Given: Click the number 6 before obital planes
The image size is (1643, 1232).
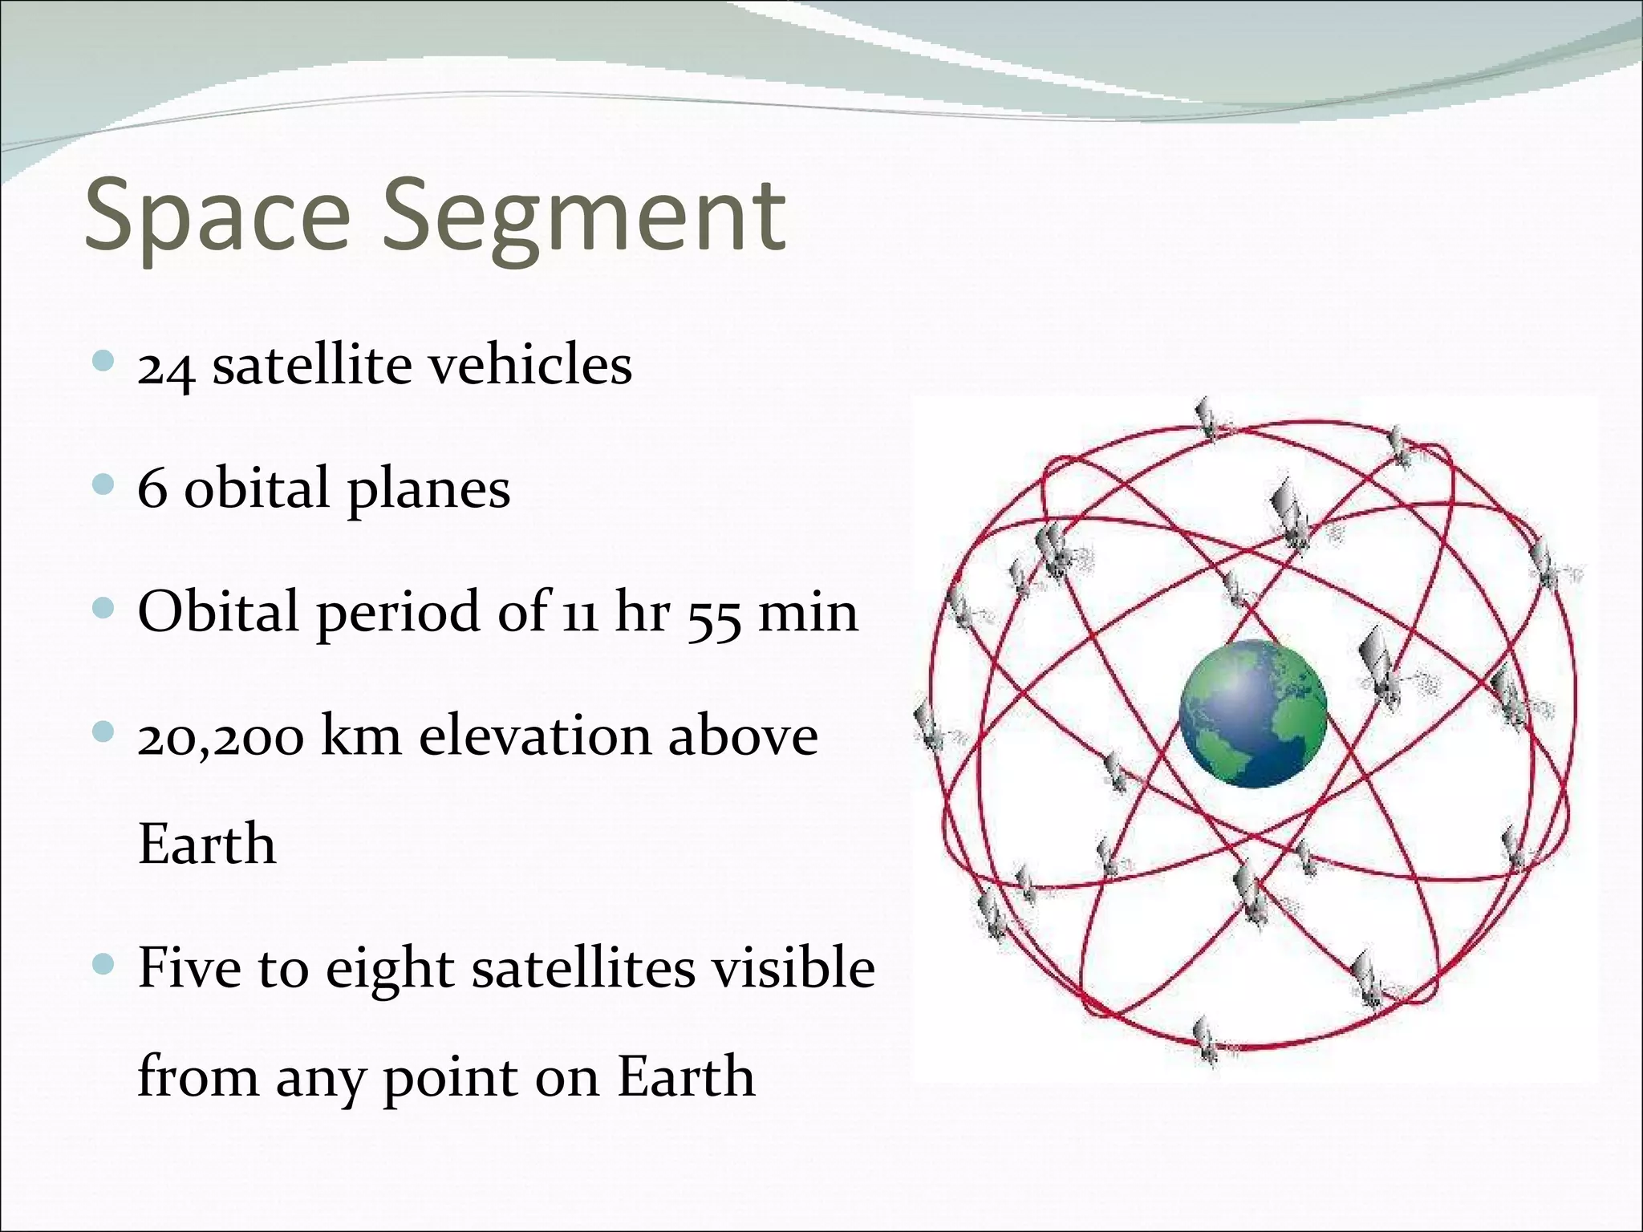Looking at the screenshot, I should pos(152,488).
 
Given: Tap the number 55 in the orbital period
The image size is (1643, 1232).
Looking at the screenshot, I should pos(713,614).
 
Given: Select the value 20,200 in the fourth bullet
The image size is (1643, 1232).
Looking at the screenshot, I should pos(221,737).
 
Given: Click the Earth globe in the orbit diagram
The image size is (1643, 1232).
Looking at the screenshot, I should pos(1252,713).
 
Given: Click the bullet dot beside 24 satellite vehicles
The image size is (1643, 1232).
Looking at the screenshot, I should pos(103,361).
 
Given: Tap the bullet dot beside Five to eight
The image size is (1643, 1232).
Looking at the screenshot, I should pos(103,962).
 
